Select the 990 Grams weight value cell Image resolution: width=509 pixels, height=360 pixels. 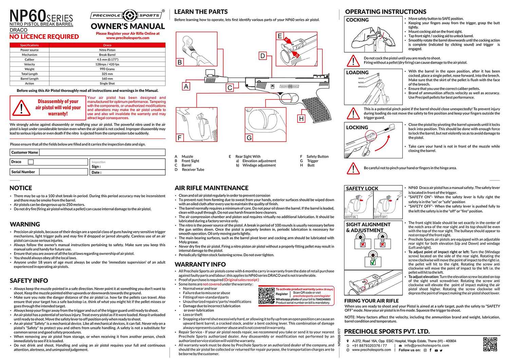point(107,69)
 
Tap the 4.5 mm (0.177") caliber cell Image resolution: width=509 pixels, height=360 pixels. point(107,59)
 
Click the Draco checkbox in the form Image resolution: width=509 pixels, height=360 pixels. point(31,162)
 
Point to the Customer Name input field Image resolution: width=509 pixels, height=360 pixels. point(102,152)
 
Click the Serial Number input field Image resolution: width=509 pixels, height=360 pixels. point(63,172)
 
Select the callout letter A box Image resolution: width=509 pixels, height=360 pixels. point(186,86)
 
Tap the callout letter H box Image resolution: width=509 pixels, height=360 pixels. point(301,118)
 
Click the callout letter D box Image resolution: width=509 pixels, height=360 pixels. point(262,56)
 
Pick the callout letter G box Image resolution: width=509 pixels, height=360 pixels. point(249,137)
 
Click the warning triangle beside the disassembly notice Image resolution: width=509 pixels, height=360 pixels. point(21,108)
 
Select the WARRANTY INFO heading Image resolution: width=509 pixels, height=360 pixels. point(200,264)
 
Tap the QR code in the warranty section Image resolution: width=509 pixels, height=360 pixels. point(266,296)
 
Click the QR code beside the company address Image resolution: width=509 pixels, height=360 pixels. point(490,344)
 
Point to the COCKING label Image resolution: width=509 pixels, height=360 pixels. point(357,20)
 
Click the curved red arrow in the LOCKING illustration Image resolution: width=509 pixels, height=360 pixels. point(384,143)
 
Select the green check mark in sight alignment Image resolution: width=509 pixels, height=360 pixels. point(373,262)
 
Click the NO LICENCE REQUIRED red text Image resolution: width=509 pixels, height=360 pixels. point(44,37)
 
